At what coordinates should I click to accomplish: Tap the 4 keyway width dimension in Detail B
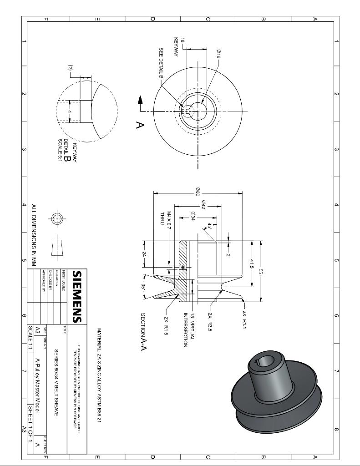pos(69,111)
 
